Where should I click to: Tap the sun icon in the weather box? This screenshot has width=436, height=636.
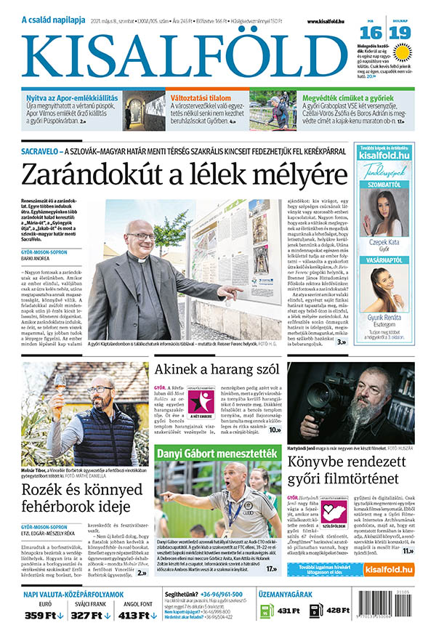coord(402,52)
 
